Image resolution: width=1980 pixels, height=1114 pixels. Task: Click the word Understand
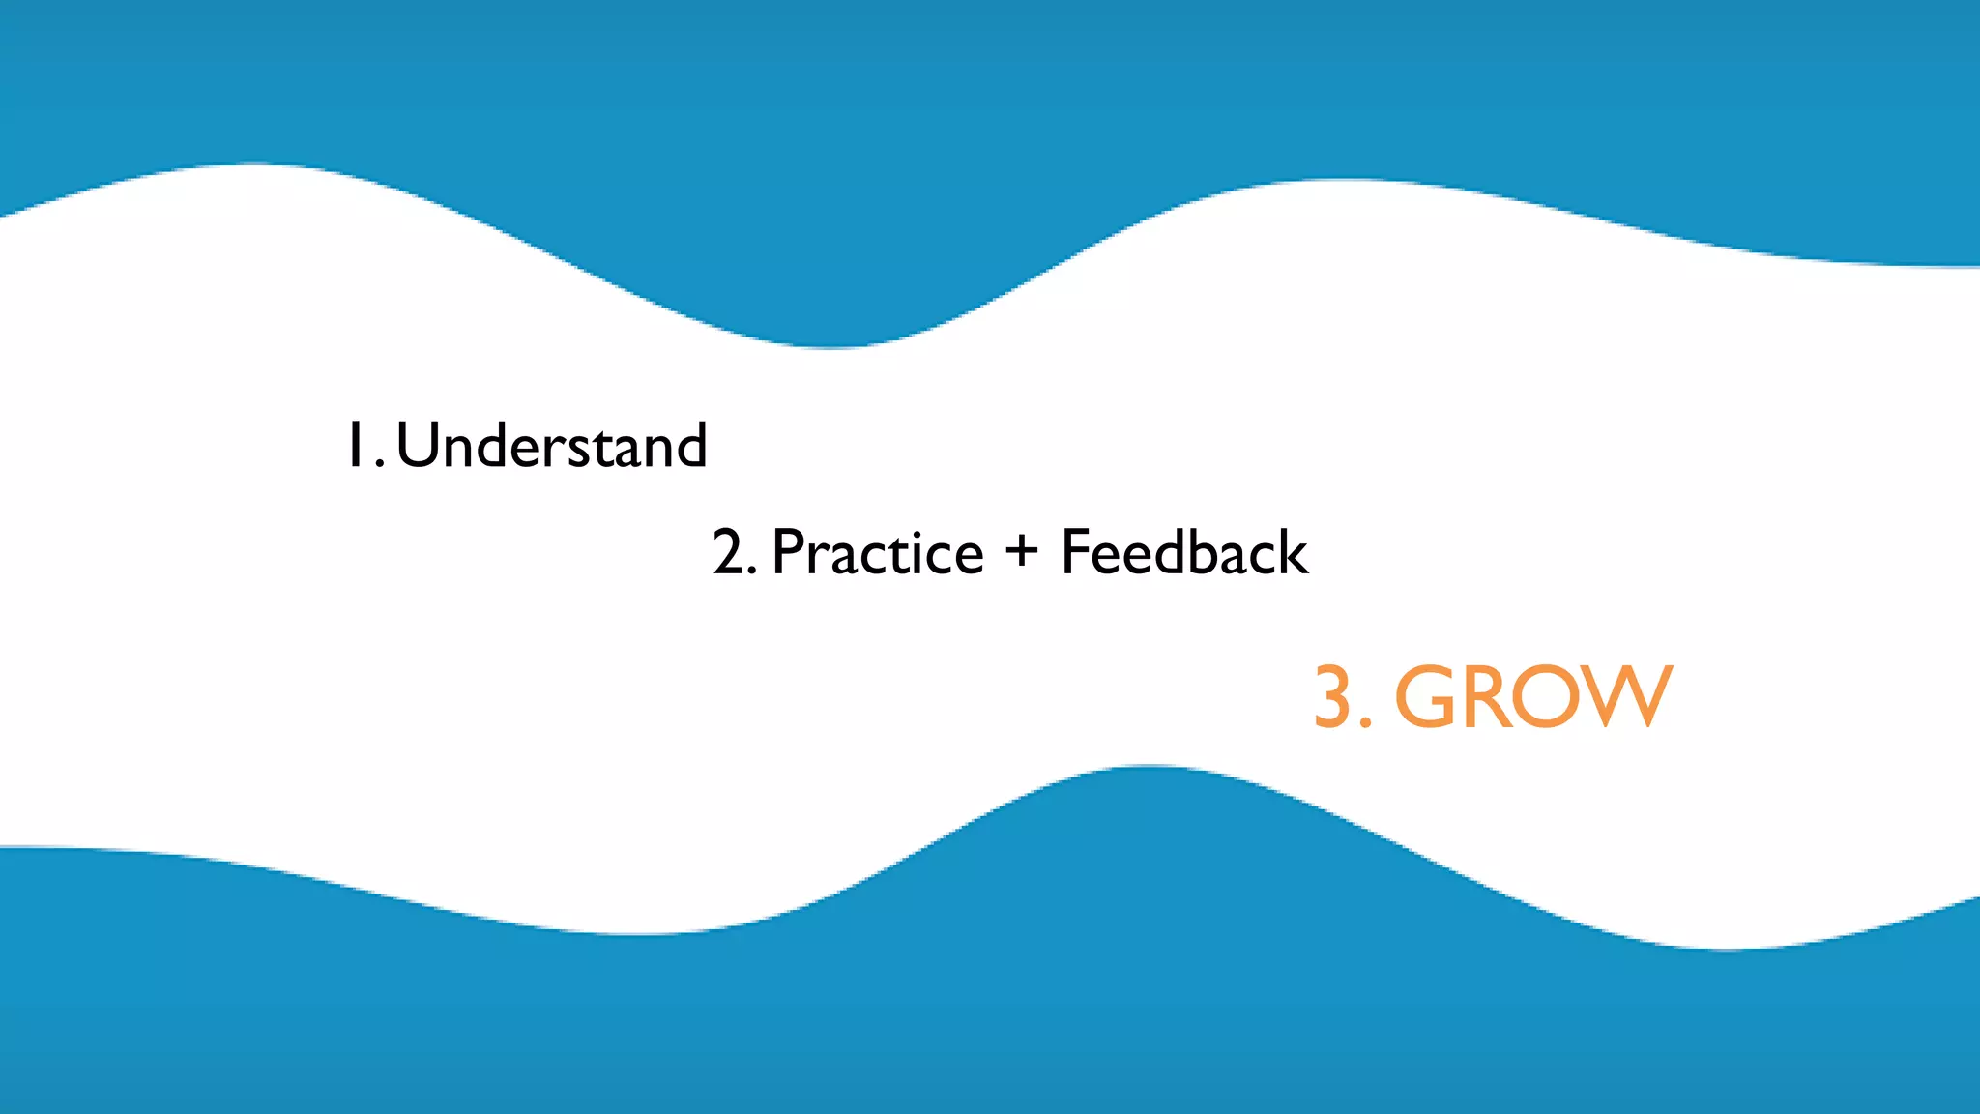552,446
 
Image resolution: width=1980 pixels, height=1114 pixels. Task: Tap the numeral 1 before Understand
355,446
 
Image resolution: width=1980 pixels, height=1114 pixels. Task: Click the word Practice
878,553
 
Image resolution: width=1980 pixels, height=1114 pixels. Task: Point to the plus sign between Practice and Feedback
1021,551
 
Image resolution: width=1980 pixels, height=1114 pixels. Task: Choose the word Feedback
1184,552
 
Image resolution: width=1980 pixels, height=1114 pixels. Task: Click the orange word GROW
1533,696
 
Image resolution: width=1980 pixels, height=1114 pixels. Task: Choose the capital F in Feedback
1076,552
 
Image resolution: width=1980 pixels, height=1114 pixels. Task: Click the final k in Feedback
1292,552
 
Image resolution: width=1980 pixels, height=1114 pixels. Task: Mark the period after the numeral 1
380,465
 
